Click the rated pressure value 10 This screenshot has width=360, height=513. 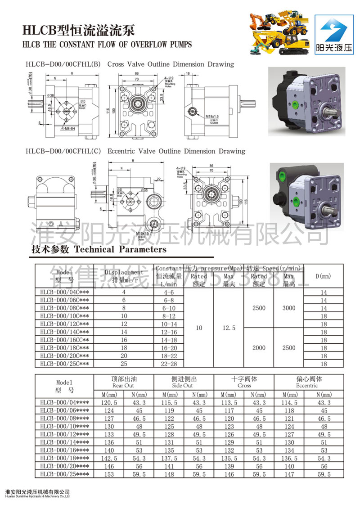(x=199, y=328)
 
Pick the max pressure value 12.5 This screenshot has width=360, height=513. (x=229, y=328)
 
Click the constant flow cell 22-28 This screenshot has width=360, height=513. (x=169, y=364)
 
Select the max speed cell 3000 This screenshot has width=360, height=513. (x=289, y=308)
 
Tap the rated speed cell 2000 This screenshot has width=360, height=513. (x=259, y=348)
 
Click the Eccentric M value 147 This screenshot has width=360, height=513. (x=289, y=474)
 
